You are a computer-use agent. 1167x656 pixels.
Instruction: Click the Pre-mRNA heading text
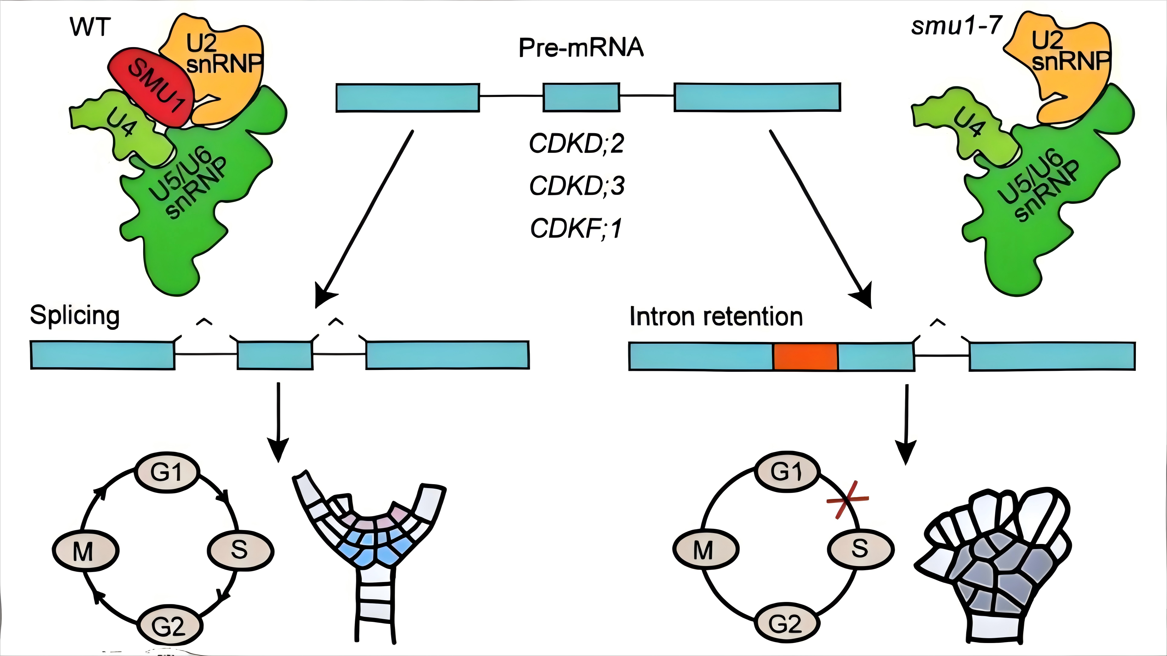click(x=581, y=48)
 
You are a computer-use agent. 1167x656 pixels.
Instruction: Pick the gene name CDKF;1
click(x=576, y=228)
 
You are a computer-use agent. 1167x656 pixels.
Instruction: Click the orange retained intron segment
click(x=805, y=356)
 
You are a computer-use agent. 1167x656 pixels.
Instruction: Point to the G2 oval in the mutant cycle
click(x=786, y=624)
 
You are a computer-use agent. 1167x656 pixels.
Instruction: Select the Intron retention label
click(x=716, y=316)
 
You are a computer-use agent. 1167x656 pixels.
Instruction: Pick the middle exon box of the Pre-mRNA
click(x=581, y=97)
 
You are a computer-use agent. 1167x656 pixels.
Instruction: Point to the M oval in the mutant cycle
click(x=706, y=550)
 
